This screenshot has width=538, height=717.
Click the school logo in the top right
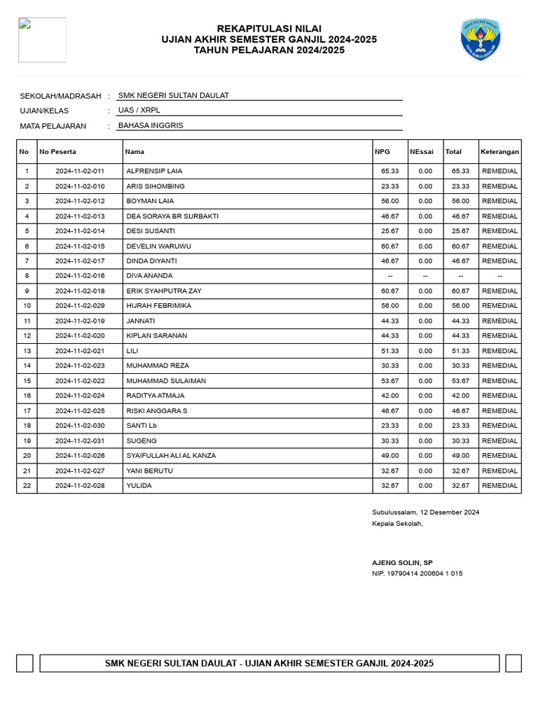[x=481, y=40]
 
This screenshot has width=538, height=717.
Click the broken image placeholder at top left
[x=42, y=40]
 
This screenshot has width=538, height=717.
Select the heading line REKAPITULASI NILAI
[x=269, y=28]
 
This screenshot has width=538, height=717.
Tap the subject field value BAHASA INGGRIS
[x=151, y=125]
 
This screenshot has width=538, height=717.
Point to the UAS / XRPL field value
[x=139, y=111]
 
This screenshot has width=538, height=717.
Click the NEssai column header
[x=422, y=151]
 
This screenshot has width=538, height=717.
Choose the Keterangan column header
[x=499, y=151]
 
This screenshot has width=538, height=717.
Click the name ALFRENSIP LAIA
[x=154, y=171]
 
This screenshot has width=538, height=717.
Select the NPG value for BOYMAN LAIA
[x=389, y=201]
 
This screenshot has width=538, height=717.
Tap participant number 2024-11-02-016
[x=80, y=276]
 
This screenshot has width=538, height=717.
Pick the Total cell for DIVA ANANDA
[x=460, y=276]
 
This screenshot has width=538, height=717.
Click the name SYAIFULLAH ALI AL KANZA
[x=171, y=456]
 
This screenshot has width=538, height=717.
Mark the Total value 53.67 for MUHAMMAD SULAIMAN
[x=460, y=381]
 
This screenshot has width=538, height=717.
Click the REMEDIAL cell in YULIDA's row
[x=499, y=485]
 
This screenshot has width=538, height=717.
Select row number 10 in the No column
[x=27, y=306]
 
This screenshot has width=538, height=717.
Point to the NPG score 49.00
[x=389, y=456]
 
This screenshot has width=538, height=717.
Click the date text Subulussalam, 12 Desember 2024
[x=425, y=513]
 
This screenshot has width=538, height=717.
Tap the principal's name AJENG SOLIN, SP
[x=402, y=562]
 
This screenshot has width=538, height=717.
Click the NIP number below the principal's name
[x=417, y=573]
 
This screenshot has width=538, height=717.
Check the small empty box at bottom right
[x=513, y=663]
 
